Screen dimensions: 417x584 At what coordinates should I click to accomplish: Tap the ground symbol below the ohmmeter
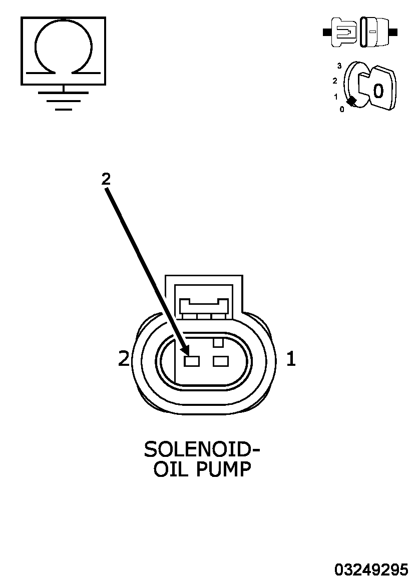tap(64, 98)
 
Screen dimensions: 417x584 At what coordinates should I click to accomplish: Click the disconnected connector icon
tap(360, 32)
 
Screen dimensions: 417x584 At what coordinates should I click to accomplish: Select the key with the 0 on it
tap(377, 88)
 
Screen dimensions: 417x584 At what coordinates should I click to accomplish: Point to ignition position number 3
tap(339, 66)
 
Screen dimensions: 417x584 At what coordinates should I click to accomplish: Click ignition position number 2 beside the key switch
tap(334, 81)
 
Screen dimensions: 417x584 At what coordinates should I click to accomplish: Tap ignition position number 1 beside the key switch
tap(336, 97)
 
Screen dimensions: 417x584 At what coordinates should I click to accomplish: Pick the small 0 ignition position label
tap(342, 110)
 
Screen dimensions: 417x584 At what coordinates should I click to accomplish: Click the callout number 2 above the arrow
tap(106, 180)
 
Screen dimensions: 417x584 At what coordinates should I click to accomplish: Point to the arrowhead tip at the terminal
tap(188, 355)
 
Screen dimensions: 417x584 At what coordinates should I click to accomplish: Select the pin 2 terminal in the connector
tap(192, 361)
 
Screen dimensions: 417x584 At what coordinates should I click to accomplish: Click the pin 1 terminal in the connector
tap(221, 361)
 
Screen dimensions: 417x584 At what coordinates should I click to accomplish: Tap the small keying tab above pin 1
tap(218, 342)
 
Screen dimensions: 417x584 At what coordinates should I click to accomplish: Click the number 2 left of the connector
tap(124, 359)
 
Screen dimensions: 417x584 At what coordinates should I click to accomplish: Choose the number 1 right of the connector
tap(291, 359)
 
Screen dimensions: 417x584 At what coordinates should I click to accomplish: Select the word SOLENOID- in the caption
tap(202, 449)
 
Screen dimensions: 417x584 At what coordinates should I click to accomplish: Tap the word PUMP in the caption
tap(224, 469)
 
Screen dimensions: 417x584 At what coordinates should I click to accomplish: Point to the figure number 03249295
tap(371, 570)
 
